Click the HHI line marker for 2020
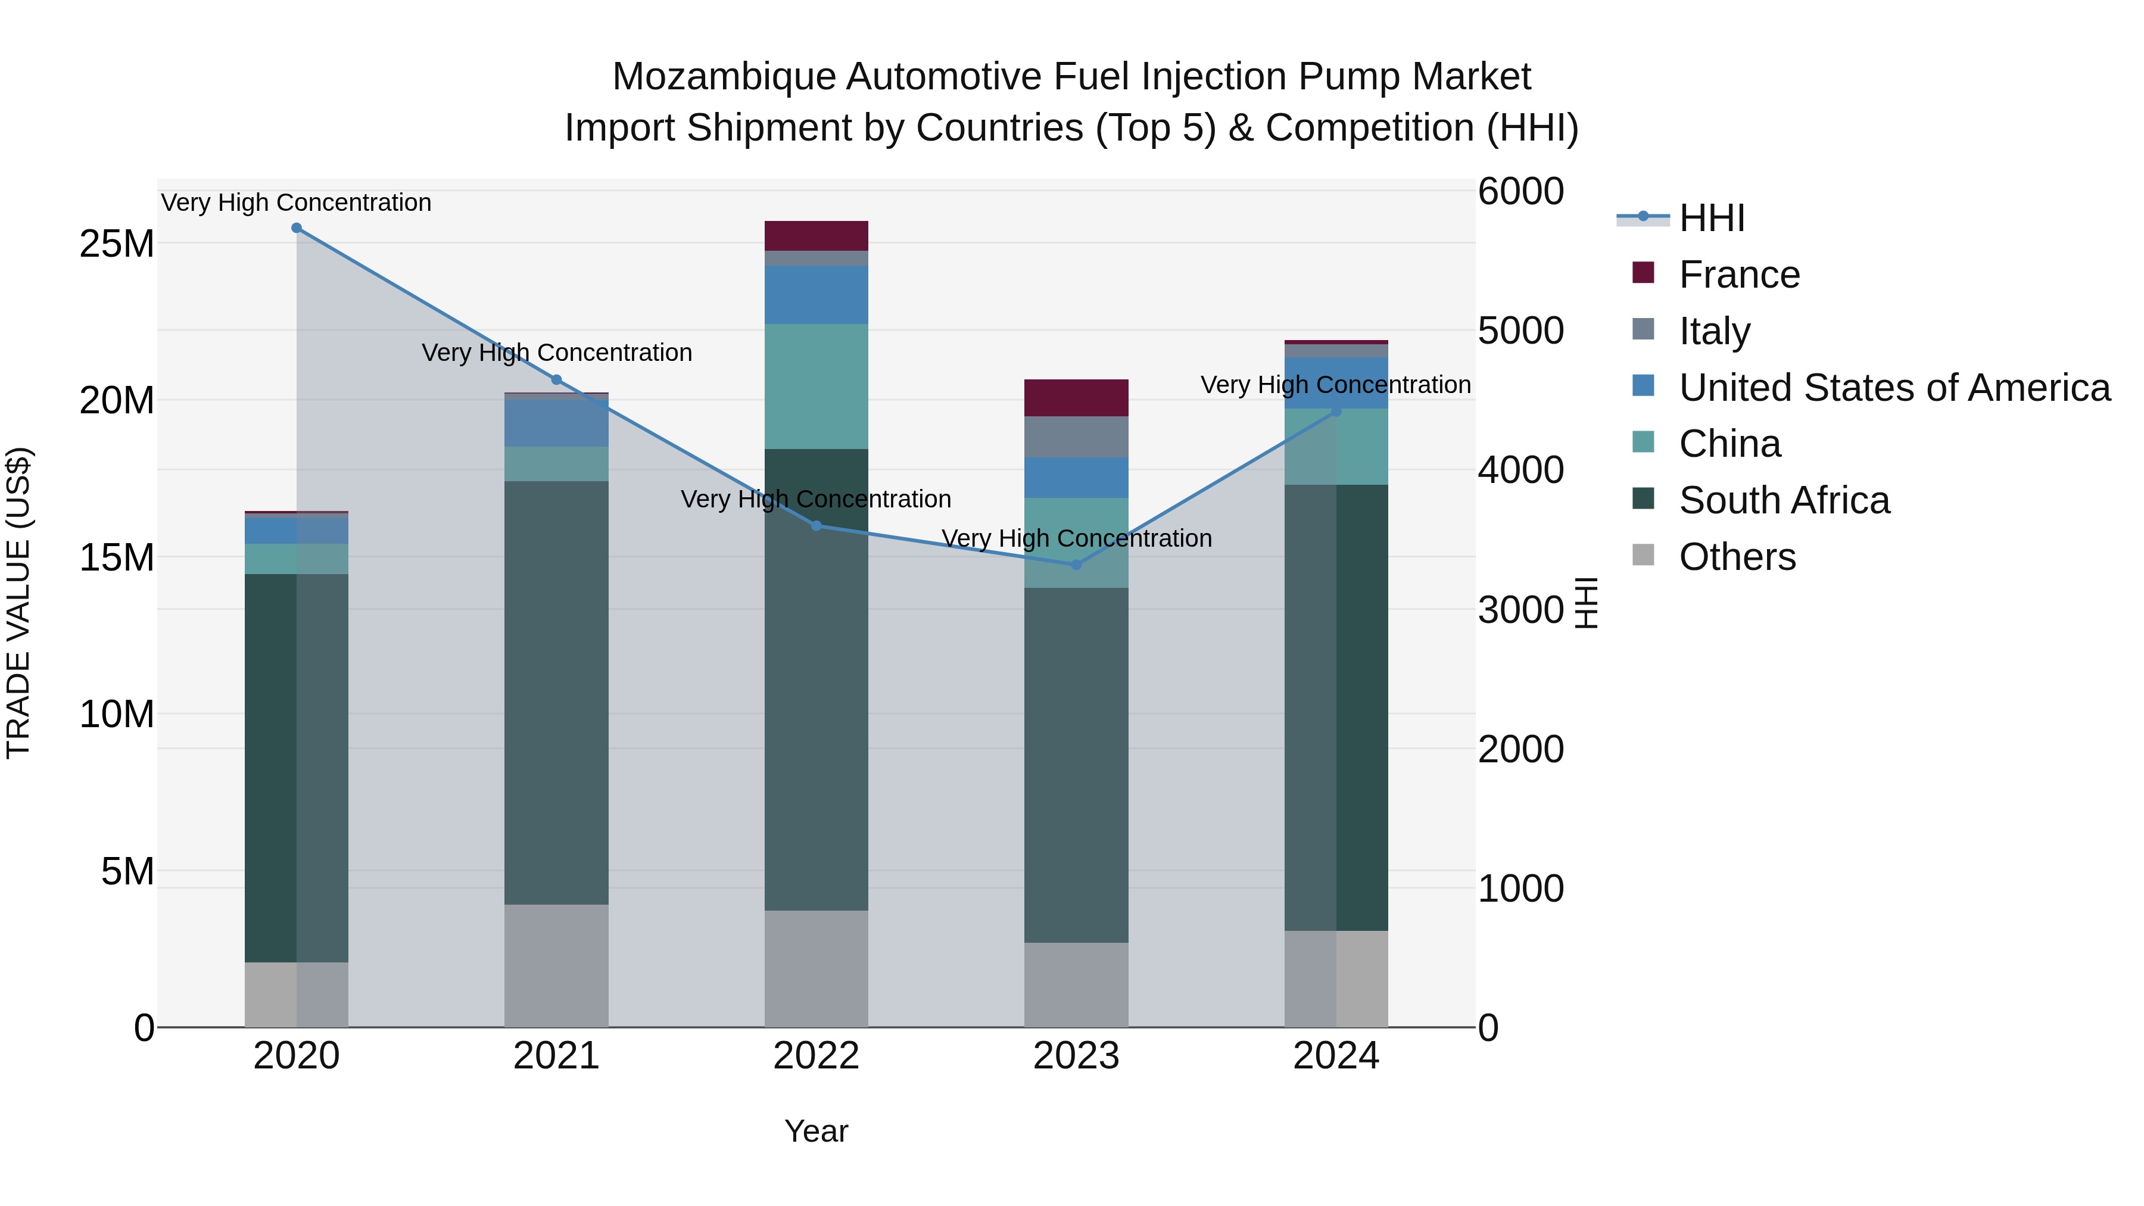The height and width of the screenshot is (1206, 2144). pyautogui.click(x=297, y=228)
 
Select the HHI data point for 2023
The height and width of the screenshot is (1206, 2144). pyautogui.click(x=1076, y=565)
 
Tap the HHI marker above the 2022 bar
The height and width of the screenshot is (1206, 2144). pyautogui.click(x=816, y=526)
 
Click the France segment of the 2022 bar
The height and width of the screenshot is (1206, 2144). pyautogui.click(x=816, y=235)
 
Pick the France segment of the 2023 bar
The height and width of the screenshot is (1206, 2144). pyautogui.click(x=1076, y=398)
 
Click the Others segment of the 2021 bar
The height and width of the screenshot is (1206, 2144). pyautogui.click(x=556, y=965)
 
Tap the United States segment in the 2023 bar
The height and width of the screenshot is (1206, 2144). pyautogui.click(x=1076, y=478)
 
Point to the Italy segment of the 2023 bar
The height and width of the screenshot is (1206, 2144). pyautogui.click(x=1076, y=437)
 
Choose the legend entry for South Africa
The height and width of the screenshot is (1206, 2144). pyautogui.click(x=1784, y=500)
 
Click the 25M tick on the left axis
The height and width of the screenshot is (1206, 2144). pyautogui.click(x=117, y=244)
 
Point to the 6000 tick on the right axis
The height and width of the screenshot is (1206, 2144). pyautogui.click(x=1520, y=191)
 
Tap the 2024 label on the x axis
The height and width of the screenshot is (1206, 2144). pyautogui.click(x=1335, y=1056)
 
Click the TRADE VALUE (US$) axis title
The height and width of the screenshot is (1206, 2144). pyautogui.click(x=18, y=603)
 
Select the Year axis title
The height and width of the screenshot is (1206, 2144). pyautogui.click(x=816, y=1131)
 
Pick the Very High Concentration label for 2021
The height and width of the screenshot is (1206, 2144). pyautogui.click(x=556, y=353)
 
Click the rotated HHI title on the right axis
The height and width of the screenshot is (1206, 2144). pyautogui.click(x=1587, y=603)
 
